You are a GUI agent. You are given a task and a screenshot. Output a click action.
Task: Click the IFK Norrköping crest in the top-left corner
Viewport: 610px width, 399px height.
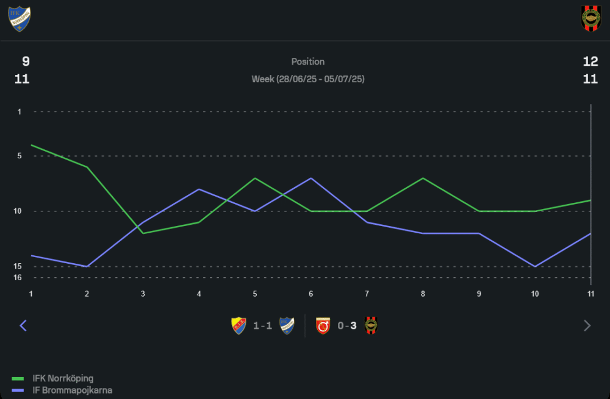(20, 19)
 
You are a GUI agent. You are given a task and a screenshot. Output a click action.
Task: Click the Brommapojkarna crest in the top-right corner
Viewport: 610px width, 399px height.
(590, 19)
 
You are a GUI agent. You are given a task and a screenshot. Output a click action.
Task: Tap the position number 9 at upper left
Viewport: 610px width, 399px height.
(26, 62)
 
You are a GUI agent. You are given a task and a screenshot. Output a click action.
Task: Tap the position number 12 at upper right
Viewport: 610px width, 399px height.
(590, 62)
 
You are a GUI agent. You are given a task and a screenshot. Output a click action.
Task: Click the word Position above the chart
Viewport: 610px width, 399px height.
(308, 62)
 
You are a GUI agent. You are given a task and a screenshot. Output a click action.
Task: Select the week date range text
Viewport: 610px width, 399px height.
(308, 79)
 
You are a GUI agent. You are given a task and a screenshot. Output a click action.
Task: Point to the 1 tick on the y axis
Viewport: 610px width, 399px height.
(20, 111)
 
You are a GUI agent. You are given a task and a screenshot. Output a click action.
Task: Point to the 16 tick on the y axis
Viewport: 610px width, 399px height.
(18, 278)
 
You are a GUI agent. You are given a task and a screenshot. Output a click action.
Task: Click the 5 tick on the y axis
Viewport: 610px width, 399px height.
(20, 156)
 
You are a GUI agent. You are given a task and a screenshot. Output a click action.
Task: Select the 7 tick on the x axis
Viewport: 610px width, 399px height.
(367, 294)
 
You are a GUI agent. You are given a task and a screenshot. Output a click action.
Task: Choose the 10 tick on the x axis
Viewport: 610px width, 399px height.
(535, 294)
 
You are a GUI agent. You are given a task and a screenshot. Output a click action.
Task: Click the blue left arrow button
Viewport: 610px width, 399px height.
(23, 325)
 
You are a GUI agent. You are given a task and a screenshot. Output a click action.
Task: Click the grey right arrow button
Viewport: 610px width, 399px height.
(587, 325)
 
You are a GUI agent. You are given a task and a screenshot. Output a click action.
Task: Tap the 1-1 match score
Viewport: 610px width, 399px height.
(262, 326)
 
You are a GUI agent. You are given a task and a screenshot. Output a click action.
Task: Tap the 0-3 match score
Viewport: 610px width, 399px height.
(346, 326)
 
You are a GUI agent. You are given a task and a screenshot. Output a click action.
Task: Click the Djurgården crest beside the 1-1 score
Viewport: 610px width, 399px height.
(239, 326)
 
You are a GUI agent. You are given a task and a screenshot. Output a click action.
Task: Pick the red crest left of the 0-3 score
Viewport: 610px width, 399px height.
(323, 326)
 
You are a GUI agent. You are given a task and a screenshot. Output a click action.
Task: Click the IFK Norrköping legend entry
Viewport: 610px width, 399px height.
(63, 379)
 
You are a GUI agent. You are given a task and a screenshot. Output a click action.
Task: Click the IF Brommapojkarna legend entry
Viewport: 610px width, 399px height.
(72, 390)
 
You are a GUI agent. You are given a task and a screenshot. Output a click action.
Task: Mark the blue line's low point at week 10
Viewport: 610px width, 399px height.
(535, 266)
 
